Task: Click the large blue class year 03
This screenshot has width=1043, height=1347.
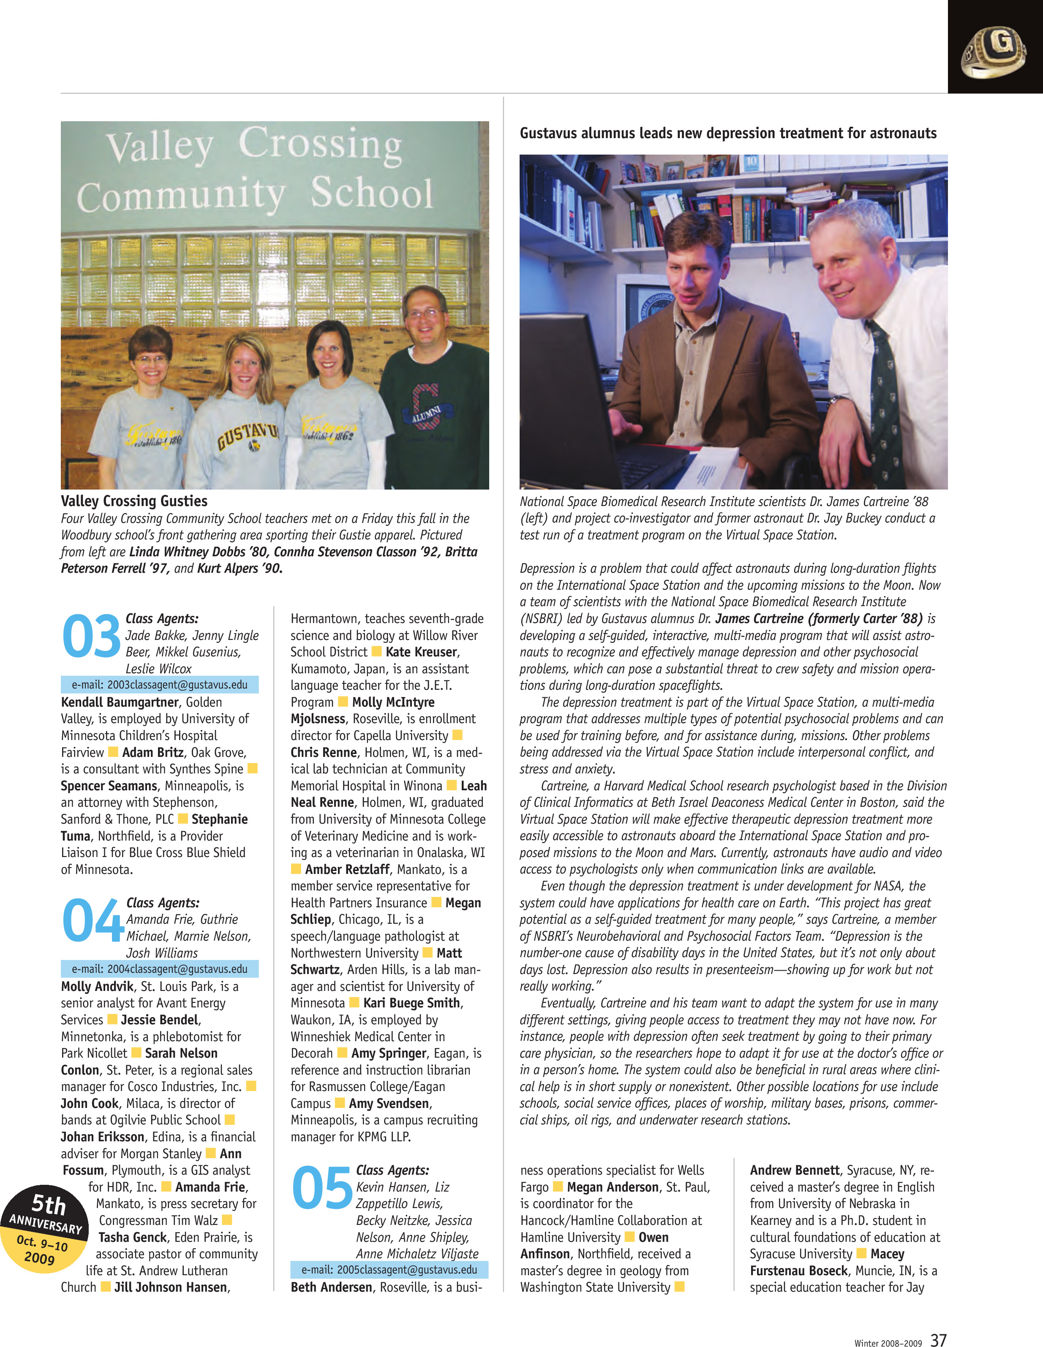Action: pyautogui.click(x=91, y=636)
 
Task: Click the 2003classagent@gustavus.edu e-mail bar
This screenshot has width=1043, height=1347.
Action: pyautogui.click(x=159, y=685)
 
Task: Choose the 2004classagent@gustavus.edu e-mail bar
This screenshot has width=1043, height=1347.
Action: pyautogui.click(x=159, y=969)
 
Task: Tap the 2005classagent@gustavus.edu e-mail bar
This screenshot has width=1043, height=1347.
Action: pyautogui.click(x=389, y=1269)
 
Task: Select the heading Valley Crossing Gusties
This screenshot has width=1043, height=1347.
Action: pyautogui.click(x=134, y=501)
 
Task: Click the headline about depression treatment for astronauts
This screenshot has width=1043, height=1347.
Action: pyautogui.click(x=728, y=133)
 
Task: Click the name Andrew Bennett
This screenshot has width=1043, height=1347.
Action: pyautogui.click(x=795, y=1170)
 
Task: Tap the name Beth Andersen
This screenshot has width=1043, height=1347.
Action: pyautogui.click(x=331, y=1287)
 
